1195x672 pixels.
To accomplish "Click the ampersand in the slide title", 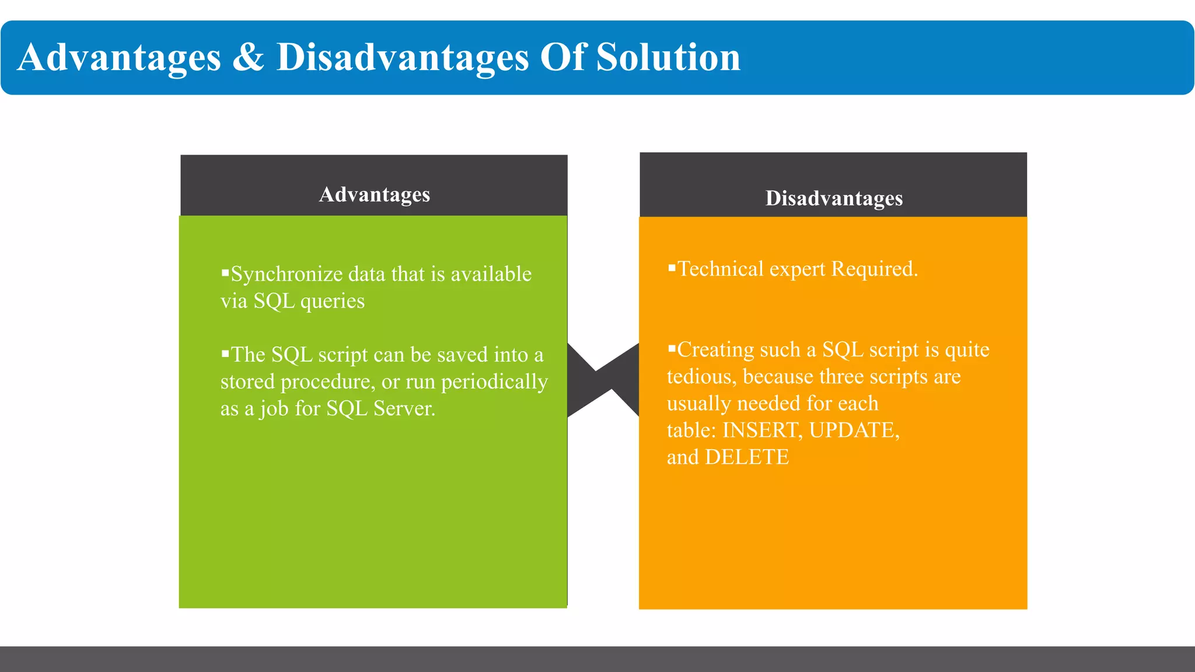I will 248,57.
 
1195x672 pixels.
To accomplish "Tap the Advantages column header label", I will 374,194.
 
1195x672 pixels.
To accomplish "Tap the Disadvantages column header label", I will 834,198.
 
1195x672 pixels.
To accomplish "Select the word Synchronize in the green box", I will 286,274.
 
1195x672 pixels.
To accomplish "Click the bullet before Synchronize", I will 225,272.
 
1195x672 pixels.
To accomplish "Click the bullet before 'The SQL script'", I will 225,352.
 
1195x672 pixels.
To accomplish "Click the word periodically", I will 494,382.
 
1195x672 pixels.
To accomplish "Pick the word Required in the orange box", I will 874,269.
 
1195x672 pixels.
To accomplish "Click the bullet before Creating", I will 672,348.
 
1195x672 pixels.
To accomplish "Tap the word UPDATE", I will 854,430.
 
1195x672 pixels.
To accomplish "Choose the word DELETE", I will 747,457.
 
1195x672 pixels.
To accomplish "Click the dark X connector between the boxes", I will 603,380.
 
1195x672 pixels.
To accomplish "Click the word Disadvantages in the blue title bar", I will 402,57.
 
